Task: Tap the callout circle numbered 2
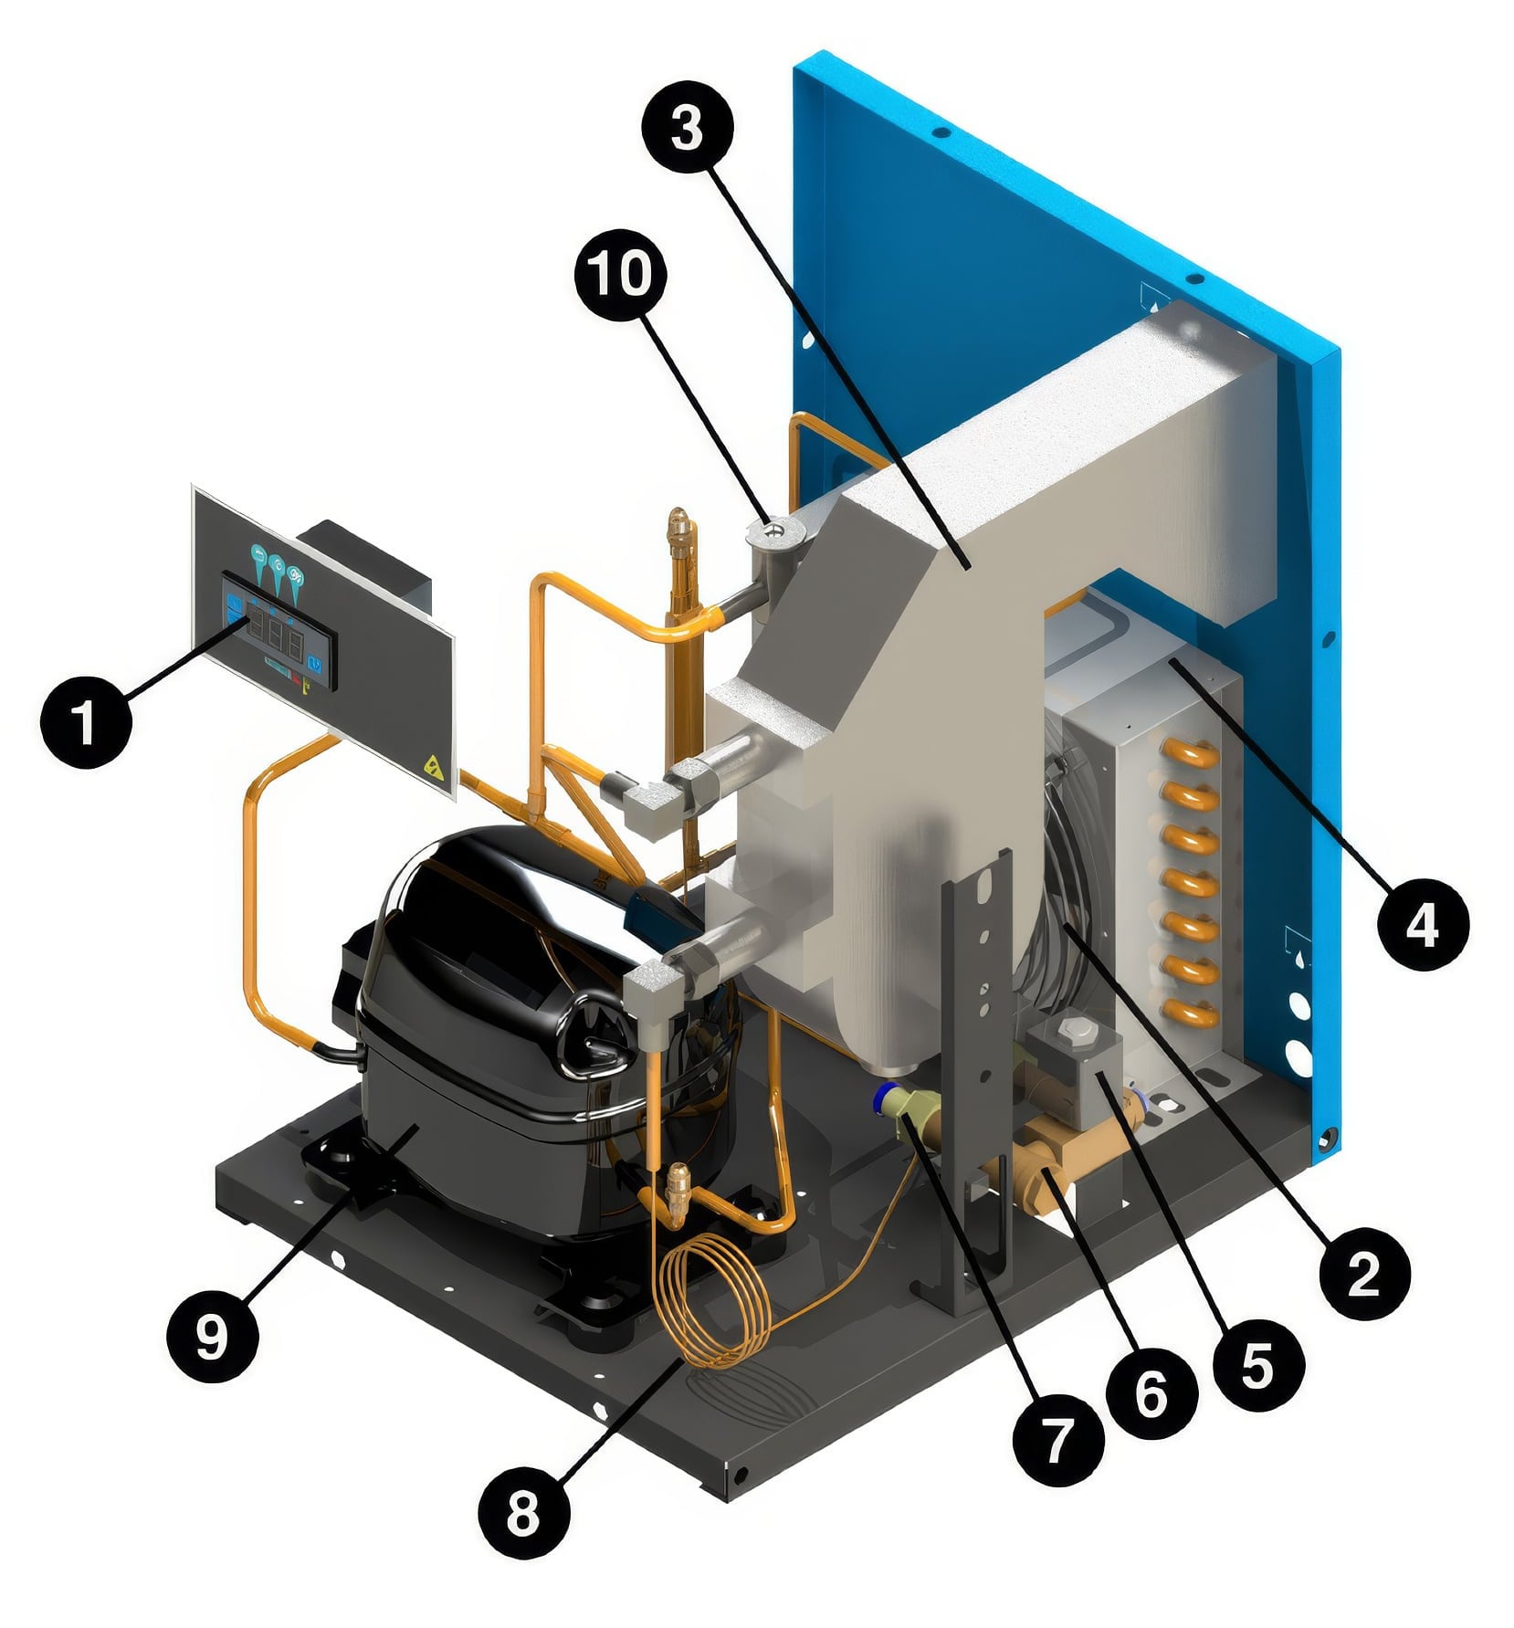[x=1363, y=1273]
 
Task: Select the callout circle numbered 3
[x=687, y=128]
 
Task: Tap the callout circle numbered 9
[x=212, y=1338]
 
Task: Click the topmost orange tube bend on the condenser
[x=1186, y=754]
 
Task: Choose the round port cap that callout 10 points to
[x=773, y=529]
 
